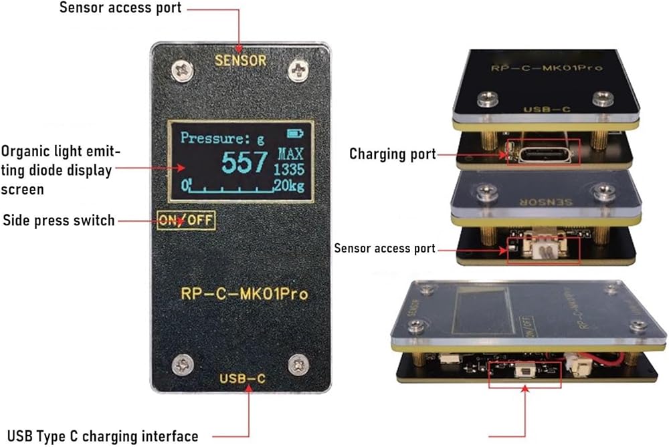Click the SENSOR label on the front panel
pos(240,60)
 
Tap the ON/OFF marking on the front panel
pos(186,220)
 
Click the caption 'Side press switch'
pos(59,220)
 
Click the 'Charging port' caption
pos(392,154)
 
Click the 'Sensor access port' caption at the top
pos(120,9)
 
